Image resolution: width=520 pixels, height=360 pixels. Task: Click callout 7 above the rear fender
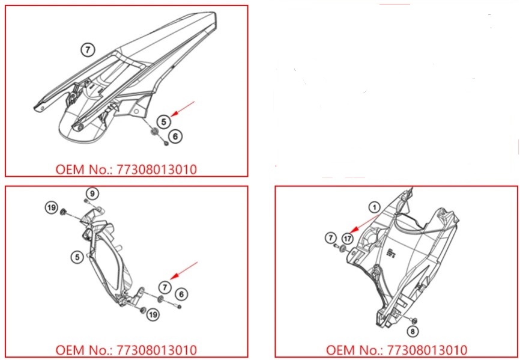[x=88, y=50]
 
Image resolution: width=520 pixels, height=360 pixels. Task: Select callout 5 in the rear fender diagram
[x=163, y=122]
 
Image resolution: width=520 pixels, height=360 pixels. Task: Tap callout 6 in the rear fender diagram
[x=175, y=136]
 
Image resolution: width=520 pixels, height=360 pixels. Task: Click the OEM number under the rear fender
[x=126, y=169]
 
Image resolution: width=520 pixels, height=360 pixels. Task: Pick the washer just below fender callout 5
[x=154, y=132]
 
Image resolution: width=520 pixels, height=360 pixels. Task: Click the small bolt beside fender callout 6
[x=166, y=143]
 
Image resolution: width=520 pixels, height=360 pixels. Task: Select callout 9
[x=92, y=194]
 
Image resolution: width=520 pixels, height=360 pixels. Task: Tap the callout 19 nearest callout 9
[x=52, y=208]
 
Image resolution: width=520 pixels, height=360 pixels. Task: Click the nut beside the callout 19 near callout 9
[x=62, y=212]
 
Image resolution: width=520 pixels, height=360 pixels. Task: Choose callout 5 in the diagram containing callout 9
[x=77, y=257]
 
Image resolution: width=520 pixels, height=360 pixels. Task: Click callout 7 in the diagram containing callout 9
[x=165, y=287]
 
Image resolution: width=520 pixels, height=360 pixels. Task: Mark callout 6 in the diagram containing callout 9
[x=181, y=294]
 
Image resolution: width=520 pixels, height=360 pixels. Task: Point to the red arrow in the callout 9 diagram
[x=184, y=270]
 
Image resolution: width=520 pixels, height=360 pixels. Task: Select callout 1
[x=375, y=208]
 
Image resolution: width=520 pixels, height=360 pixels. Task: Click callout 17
[x=348, y=239]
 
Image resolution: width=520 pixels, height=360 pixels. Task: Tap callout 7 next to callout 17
[x=330, y=237]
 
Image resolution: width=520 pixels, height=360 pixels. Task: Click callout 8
[x=413, y=331]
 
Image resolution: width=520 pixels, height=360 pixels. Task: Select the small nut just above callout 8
[x=414, y=320]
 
